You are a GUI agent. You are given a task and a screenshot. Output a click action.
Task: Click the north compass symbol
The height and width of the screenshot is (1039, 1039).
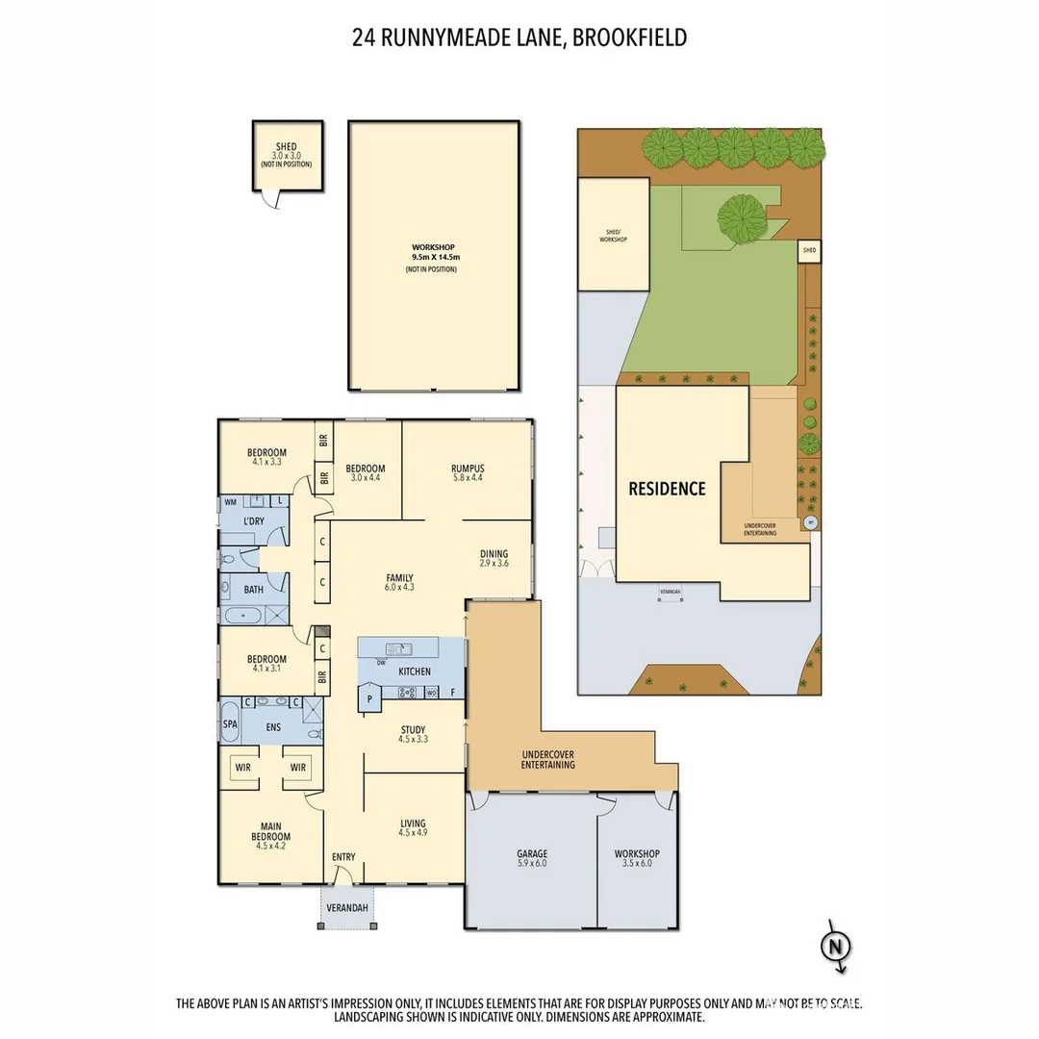click(835, 947)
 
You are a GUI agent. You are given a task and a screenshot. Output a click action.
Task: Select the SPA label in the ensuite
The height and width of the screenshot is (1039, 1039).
click(230, 723)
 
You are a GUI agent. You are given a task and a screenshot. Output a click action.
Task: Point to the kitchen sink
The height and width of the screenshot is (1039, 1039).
click(396, 649)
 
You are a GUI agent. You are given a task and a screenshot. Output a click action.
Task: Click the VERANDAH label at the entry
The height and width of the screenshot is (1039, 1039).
click(346, 907)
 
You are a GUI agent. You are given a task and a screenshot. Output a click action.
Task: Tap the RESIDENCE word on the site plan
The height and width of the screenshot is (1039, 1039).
click(667, 489)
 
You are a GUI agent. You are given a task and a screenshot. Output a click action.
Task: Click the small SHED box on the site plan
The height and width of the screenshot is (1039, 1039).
click(809, 251)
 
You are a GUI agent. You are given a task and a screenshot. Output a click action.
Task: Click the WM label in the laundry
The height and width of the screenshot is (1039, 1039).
click(231, 502)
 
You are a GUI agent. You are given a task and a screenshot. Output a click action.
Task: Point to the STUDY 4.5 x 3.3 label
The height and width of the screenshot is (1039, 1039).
click(413, 735)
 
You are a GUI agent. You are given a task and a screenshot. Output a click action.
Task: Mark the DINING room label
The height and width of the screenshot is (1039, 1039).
click(494, 558)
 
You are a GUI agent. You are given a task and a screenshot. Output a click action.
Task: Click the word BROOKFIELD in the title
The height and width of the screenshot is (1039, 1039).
click(632, 38)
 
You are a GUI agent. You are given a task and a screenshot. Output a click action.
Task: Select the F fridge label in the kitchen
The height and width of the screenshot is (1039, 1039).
click(452, 692)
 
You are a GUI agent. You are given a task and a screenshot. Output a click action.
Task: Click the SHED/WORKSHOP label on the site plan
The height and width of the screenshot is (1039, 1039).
click(612, 236)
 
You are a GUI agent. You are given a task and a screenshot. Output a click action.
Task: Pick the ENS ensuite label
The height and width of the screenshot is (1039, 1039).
click(273, 727)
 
